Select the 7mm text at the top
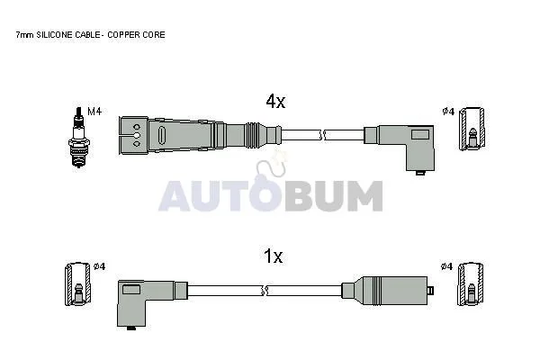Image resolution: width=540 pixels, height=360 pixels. pyautogui.click(x=25, y=35)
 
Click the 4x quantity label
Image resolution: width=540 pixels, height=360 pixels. pyautogui.click(x=275, y=102)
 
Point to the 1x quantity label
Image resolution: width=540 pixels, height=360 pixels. pyautogui.click(x=273, y=256)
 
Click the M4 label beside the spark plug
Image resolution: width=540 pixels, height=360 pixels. pyautogui.click(x=94, y=112)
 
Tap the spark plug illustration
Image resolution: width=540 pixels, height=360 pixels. pyautogui.click(x=79, y=137)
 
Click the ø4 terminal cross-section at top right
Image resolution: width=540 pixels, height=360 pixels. pyautogui.click(x=472, y=129)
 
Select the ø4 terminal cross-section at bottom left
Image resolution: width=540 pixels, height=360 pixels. pyautogui.click(x=78, y=284)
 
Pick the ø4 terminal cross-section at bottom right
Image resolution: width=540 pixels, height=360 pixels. pyautogui.click(x=470, y=284)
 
